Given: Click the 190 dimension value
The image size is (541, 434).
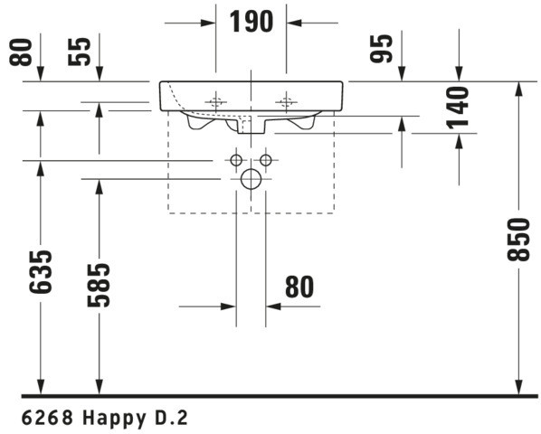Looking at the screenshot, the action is point(252,22).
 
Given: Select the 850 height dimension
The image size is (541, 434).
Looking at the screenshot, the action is point(518,240).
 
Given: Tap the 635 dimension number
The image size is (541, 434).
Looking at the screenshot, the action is point(41,272).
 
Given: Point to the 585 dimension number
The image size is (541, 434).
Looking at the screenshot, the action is point(99,285).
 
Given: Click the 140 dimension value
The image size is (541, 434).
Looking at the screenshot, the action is point(458,108).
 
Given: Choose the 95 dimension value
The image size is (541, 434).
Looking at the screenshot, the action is point(381,49).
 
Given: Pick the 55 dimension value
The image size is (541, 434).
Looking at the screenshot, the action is point(80,52).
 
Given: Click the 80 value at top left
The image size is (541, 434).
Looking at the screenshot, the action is point(20,52).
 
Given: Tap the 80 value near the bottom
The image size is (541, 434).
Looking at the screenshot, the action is point(299,287).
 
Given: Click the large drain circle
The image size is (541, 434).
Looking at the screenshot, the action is point(251,179).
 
